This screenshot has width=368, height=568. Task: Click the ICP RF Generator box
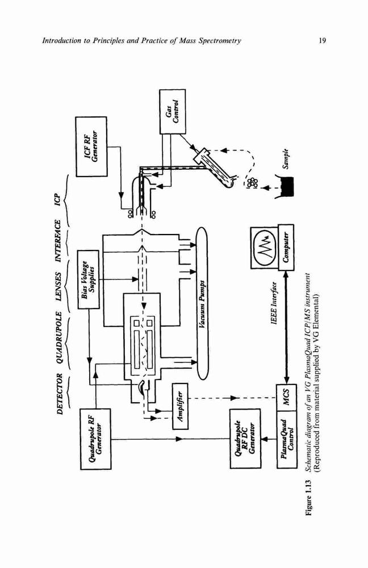[91, 147]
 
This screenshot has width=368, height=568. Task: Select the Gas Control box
[173, 111]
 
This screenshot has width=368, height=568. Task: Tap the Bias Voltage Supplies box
[89, 279]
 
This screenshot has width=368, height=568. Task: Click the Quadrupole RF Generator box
[95, 438]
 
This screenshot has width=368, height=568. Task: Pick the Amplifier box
[181, 406]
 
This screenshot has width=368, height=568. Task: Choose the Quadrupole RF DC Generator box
[245, 438]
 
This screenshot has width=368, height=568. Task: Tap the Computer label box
[286, 247]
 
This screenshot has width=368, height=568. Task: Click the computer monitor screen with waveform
[265, 248]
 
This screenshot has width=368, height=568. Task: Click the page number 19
[322, 40]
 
